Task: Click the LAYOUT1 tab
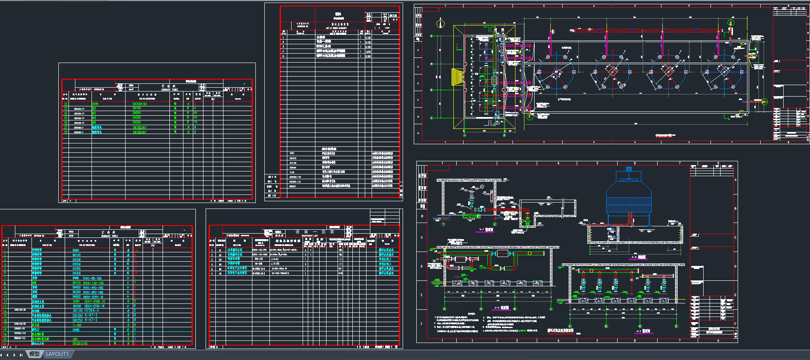[x=57, y=354]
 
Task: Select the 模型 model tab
[x=34, y=354]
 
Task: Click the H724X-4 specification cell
[x=92, y=311]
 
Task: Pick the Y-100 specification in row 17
[x=77, y=325]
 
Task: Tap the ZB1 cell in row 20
[x=75, y=339]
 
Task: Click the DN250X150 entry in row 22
[x=140, y=104]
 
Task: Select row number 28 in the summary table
[x=66, y=132]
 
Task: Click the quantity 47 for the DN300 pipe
[x=135, y=269]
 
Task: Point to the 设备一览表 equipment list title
[x=315, y=231]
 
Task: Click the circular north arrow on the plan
[x=441, y=23]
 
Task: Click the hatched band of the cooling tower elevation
[x=628, y=205]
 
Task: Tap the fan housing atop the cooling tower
[x=629, y=175]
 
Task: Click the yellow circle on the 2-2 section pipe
[x=530, y=253]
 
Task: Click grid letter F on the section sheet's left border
[x=422, y=324]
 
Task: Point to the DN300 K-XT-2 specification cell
[x=85, y=315]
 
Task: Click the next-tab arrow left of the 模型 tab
[x=14, y=354]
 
